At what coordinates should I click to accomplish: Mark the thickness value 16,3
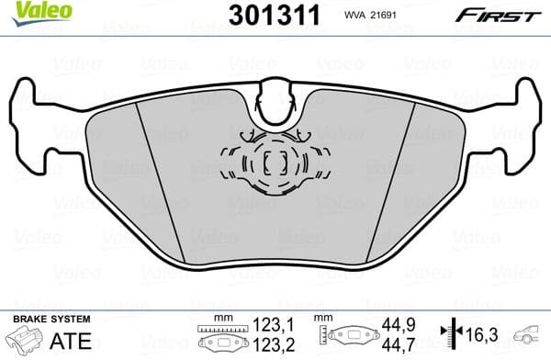click(x=478, y=333)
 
